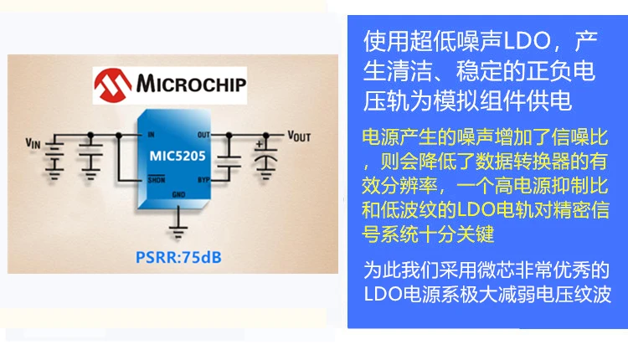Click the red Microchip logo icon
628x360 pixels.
(x=112, y=85)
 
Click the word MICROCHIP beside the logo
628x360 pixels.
(x=191, y=84)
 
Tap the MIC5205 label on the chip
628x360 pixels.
(x=178, y=156)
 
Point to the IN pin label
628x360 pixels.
(x=151, y=135)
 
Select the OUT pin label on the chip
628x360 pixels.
(x=203, y=135)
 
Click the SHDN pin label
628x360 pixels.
(x=157, y=179)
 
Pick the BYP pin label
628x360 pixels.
(x=203, y=180)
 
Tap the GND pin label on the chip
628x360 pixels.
(x=178, y=194)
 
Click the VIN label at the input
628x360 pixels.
(x=33, y=143)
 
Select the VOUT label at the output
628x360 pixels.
(x=299, y=136)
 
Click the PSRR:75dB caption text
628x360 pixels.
(x=178, y=257)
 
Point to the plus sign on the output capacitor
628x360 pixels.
(x=260, y=144)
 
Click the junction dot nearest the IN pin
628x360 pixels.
(x=119, y=136)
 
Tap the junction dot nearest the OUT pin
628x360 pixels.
(x=229, y=136)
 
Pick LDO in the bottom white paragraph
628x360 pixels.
(x=383, y=295)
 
